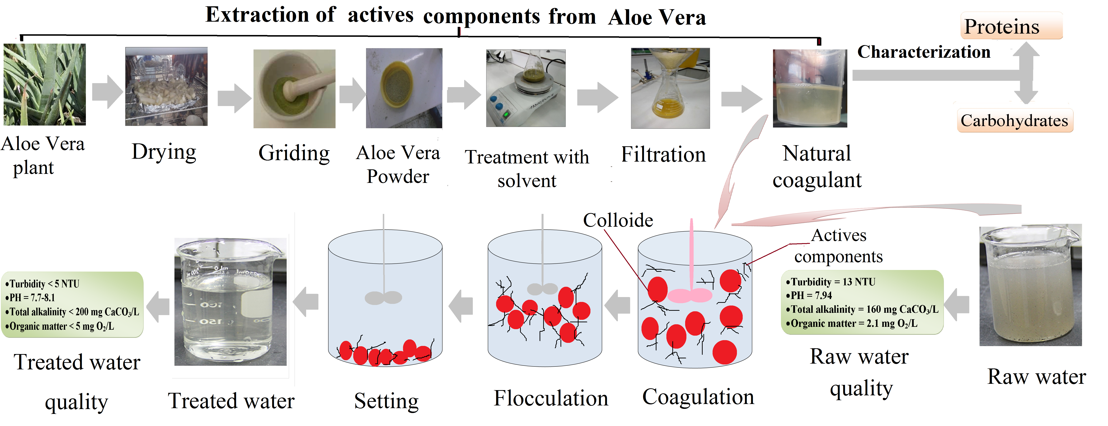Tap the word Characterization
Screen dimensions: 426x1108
pyautogui.click(x=923, y=52)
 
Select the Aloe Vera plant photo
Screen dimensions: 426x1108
pyautogui.click(x=45, y=85)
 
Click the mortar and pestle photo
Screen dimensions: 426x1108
pyautogui.click(x=294, y=89)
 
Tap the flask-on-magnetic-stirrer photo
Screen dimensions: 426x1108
pyautogui.click(x=526, y=88)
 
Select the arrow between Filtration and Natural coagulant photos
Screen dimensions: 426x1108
pyautogui.click(x=741, y=99)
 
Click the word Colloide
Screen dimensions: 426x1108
pyautogui.click(x=618, y=220)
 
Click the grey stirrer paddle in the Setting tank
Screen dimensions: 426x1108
pyautogui.click(x=383, y=297)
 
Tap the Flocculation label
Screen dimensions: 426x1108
pyautogui.click(x=551, y=398)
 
